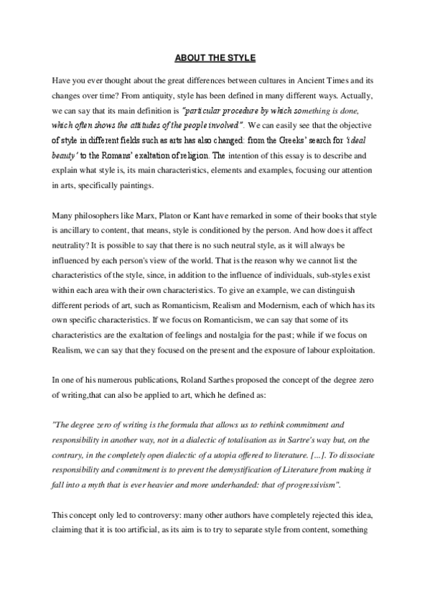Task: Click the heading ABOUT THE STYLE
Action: pos(215,57)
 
